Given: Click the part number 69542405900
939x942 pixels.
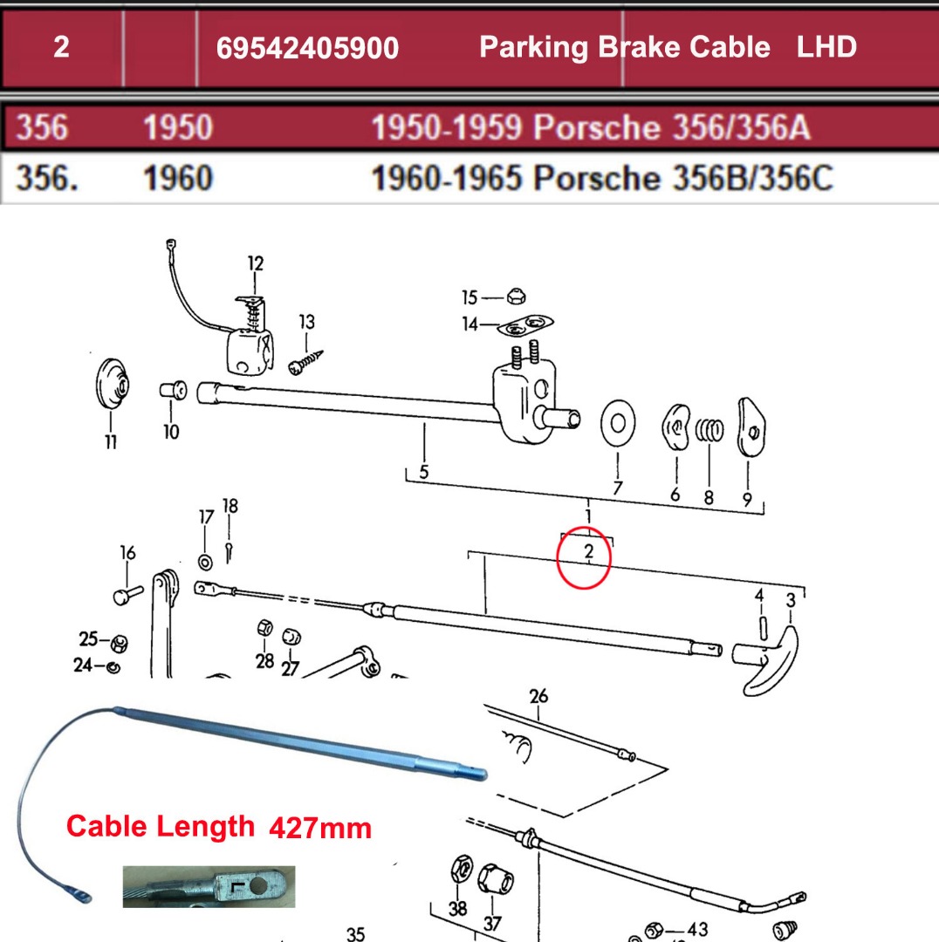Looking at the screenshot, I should pos(307,48).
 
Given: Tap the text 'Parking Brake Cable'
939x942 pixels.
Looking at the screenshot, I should pos(624,47).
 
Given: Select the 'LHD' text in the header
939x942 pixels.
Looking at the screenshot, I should pos(826,47).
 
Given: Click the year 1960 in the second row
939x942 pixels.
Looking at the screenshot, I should pos(178,179).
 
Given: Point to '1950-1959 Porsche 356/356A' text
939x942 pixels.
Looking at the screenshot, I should pos(591,128).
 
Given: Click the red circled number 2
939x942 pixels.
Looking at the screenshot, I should pos(588,552).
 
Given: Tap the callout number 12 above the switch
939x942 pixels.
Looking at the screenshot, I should pos(255,263).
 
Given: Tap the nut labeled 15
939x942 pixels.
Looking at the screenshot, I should pos(516,297).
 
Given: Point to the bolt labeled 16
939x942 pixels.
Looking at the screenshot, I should pos(127,595).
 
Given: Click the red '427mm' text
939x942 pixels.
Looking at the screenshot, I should pos(320,827).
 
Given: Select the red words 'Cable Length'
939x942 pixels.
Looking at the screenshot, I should pos(161,825).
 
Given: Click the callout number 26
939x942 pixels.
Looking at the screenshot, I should pos(538,695).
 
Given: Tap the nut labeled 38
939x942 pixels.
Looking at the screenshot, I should pos(462,870).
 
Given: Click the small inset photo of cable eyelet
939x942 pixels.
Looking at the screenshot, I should pos(209,886).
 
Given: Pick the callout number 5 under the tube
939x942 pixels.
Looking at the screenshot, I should pos(423,472).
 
